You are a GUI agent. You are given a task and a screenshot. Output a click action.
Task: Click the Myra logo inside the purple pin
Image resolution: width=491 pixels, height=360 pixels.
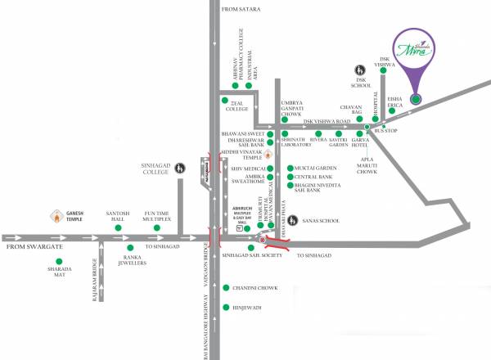415,49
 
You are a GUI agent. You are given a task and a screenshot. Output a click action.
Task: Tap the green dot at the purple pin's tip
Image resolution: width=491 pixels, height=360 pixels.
416,100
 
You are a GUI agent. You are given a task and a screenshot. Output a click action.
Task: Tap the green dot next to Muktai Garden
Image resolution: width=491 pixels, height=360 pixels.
290,167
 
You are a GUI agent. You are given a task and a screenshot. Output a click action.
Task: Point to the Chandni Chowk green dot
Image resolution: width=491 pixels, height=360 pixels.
227,287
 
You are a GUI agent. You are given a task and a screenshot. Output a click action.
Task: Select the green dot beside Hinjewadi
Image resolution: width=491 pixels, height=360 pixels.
227,308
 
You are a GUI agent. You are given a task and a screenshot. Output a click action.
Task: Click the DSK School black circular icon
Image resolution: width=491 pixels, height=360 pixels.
358,70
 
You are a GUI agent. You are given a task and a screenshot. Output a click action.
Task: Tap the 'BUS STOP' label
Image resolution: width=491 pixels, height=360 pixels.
385,131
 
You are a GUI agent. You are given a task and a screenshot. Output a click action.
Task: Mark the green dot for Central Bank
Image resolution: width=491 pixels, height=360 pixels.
290,176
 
